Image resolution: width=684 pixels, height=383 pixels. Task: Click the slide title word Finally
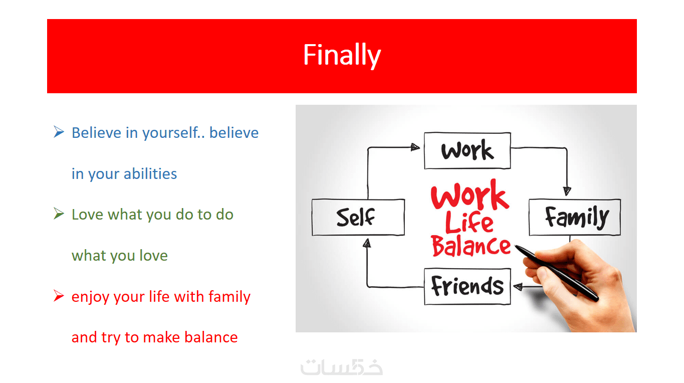[x=342, y=55]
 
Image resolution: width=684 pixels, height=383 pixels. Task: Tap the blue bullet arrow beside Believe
[x=59, y=132]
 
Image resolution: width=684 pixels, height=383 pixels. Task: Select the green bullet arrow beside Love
[x=59, y=214]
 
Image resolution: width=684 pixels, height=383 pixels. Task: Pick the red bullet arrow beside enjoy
[x=59, y=295]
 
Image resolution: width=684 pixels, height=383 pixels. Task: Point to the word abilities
[x=150, y=173]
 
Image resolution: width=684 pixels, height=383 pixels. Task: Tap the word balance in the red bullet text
[x=211, y=337]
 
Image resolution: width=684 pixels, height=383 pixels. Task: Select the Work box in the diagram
[x=467, y=150]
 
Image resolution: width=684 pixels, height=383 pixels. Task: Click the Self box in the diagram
[x=358, y=217]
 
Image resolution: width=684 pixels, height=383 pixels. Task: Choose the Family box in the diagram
[x=575, y=217]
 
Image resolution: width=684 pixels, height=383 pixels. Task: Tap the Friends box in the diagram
[x=467, y=286]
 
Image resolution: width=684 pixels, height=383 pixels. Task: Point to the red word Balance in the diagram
[x=471, y=246]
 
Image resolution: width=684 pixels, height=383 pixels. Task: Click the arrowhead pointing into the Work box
[x=415, y=147]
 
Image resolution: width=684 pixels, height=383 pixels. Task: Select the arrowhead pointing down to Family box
[x=567, y=191]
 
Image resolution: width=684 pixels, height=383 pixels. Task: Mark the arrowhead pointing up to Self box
[x=367, y=243]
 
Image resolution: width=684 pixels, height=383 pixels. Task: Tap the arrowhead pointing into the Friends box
[x=518, y=286]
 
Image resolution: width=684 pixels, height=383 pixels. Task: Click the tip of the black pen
[x=516, y=246]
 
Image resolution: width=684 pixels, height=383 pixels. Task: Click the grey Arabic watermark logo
[x=341, y=367]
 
